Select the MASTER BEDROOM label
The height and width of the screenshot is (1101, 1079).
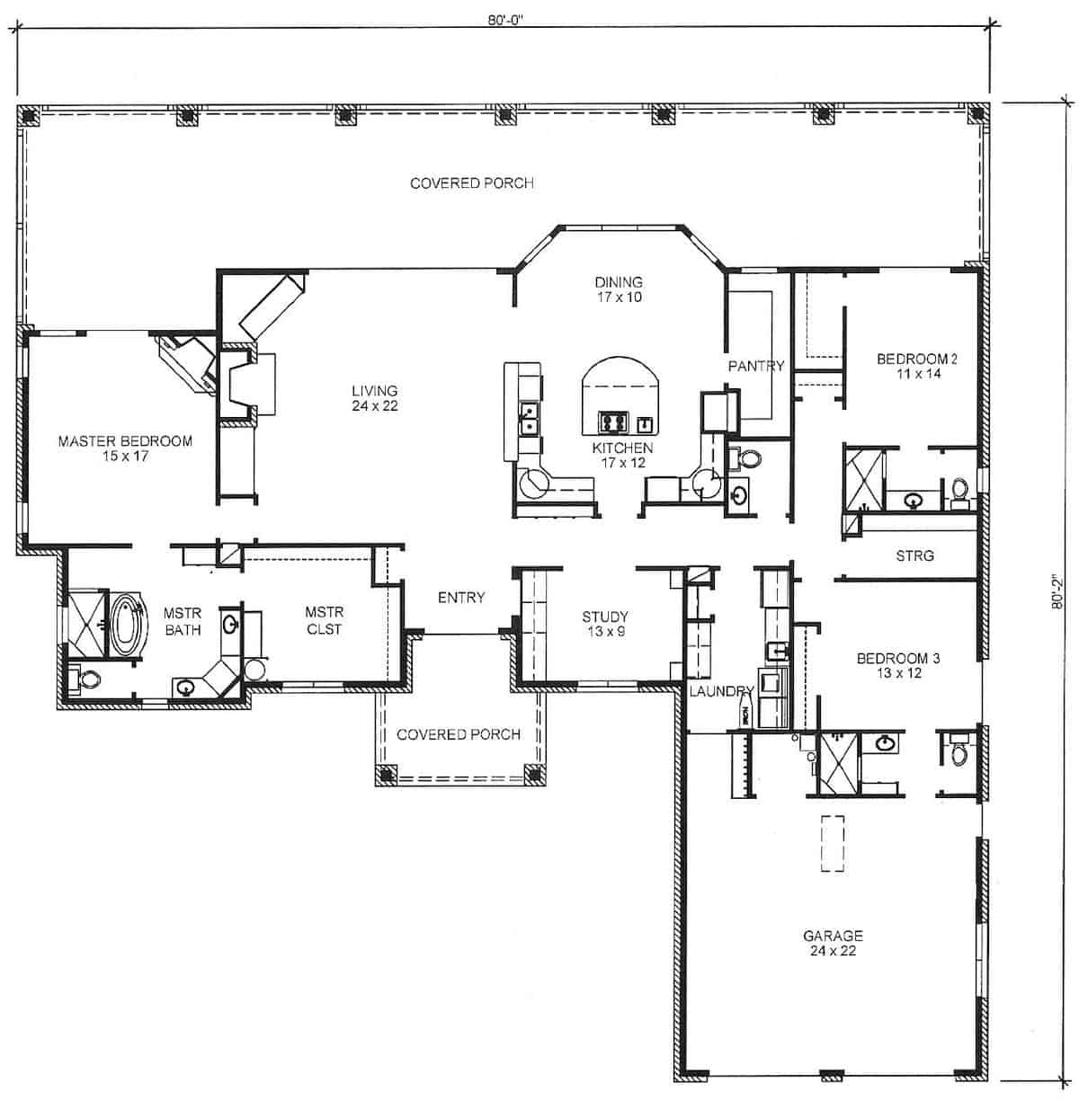click(125, 448)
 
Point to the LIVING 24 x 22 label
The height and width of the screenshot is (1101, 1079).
click(374, 397)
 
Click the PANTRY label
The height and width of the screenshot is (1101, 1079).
click(756, 366)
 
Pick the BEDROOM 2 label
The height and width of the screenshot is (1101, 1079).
click(916, 366)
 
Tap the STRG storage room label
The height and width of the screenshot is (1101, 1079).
click(914, 555)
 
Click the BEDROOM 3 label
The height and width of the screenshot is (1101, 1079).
click(898, 665)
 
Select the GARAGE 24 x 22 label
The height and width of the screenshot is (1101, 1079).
click(834, 942)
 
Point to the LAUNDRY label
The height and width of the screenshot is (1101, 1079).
click(720, 691)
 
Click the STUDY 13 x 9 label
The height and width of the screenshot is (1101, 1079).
click(604, 623)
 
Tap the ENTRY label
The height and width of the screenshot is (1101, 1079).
click(461, 597)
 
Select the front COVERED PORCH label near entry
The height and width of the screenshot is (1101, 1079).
click(459, 734)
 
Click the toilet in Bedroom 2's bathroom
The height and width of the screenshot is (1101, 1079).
click(959, 491)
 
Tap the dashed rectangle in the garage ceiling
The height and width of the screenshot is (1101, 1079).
click(834, 843)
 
